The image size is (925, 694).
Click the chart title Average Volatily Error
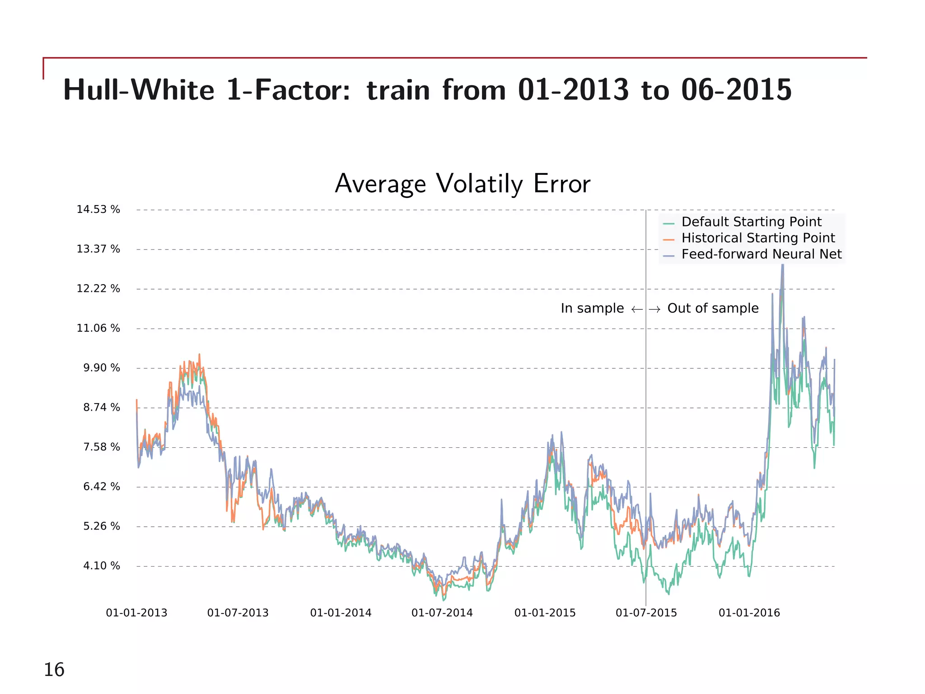pyautogui.click(x=462, y=184)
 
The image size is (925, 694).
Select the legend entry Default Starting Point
pyautogui.click(x=751, y=222)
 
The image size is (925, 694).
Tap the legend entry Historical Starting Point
pyautogui.click(x=758, y=238)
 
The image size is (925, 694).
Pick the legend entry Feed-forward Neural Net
pyautogui.click(x=761, y=254)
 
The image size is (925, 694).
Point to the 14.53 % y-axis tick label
pyautogui.click(x=98, y=210)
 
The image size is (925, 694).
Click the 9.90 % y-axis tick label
pyautogui.click(x=102, y=368)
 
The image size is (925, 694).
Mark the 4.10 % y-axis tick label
pyautogui.click(x=102, y=566)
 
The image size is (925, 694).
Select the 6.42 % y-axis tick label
pyautogui.click(x=102, y=487)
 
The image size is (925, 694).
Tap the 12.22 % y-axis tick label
pyautogui.click(x=98, y=289)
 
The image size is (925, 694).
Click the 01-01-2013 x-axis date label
pyautogui.click(x=136, y=613)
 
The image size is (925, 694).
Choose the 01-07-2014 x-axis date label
pyautogui.click(x=442, y=613)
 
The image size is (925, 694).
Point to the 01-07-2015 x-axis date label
pyautogui.click(x=646, y=613)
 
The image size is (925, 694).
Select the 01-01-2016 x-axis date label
pyautogui.click(x=749, y=613)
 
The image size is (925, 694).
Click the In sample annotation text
pyautogui.click(x=592, y=308)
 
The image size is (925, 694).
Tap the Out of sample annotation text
pyautogui.click(x=713, y=308)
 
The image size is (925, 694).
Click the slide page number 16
pyautogui.click(x=54, y=670)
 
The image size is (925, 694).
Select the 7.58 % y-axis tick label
pyautogui.click(x=102, y=447)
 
